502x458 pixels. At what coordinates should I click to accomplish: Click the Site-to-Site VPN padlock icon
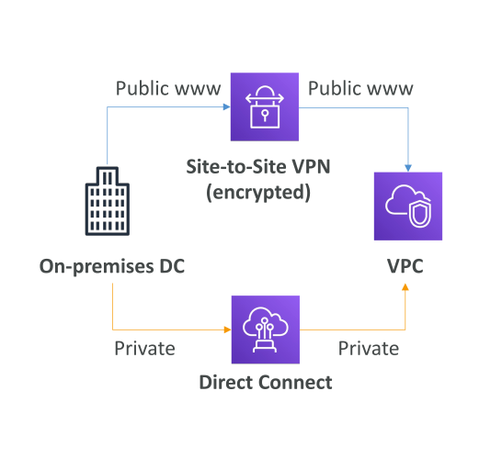(265, 106)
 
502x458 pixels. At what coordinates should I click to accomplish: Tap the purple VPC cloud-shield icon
(408, 207)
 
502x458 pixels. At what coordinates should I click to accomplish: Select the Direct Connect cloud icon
(266, 330)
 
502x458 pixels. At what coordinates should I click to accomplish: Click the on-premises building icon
(108, 201)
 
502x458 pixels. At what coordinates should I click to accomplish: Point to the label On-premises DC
(112, 266)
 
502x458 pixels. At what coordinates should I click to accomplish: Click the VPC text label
(405, 266)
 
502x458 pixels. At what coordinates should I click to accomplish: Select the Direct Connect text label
(266, 382)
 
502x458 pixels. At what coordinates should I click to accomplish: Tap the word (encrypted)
(258, 193)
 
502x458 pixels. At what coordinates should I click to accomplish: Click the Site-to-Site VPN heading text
(258, 166)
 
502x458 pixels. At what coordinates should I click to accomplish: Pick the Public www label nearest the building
(168, 88)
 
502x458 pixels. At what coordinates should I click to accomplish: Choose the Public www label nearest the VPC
(360, 88)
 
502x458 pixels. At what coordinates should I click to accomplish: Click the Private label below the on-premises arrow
(144, 349)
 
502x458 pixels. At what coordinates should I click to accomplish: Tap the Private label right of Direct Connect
(369, 349)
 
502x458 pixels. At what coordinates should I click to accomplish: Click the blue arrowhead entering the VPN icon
(227, 106)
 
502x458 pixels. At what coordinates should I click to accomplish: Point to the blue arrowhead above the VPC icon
(408, 168)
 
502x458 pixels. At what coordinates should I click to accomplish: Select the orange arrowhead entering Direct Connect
(228, 330)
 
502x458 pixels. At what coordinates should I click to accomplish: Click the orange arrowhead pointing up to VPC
(405, 287)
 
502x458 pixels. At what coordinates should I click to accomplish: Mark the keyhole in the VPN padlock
(265, 115)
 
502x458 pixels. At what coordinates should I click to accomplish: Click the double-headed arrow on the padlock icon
(265, 98)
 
